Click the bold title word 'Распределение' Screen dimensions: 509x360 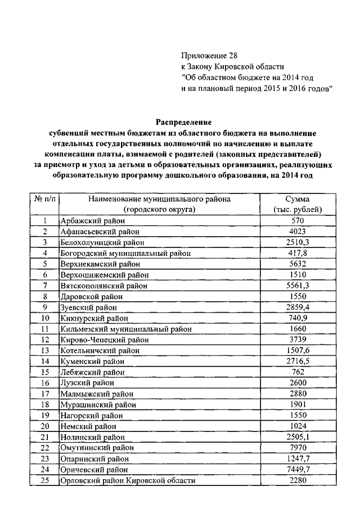coord(183,121)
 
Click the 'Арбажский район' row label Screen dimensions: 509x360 coord(88,221)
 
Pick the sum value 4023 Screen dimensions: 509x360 coord(298,232)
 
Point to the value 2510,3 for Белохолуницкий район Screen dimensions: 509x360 coord(298,242)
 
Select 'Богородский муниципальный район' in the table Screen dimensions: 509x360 coord(125,253)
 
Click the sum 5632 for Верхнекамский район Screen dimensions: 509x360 coord(298,264)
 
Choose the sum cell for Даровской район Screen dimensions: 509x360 coord(298,296)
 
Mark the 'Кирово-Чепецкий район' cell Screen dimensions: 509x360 coord(101,340)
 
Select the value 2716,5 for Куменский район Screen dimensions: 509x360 coord(298,361)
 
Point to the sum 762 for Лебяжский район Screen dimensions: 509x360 coord(298,372)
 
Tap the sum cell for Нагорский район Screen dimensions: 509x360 coord(298,415)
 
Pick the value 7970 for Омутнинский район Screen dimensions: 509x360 coord(298,448)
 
